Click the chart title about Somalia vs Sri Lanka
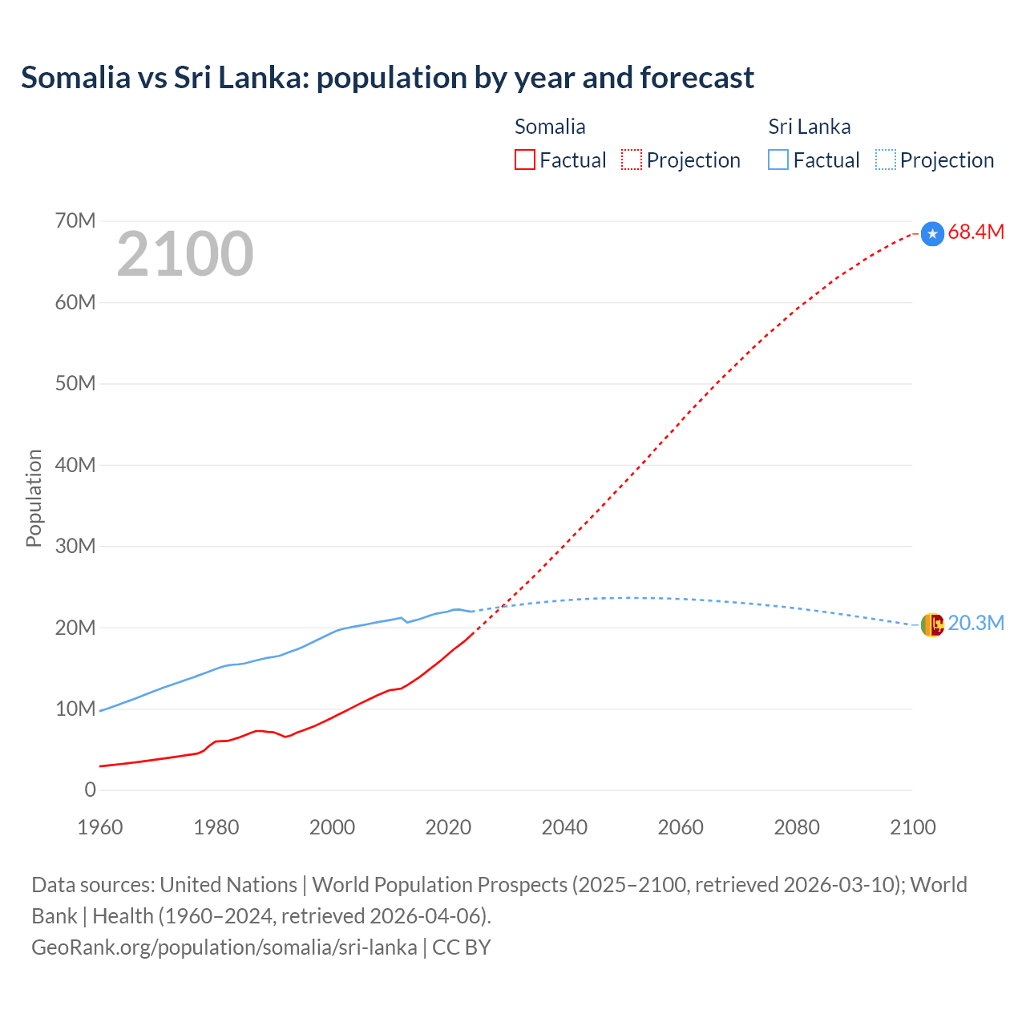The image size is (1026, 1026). (387, 78)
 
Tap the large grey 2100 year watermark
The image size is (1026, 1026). (185, 254)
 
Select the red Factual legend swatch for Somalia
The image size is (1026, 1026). (524, 160)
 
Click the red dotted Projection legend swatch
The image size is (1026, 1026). (632, 160)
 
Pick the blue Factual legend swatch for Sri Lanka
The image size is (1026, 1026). (778, 160)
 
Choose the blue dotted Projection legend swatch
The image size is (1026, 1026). (885, 160)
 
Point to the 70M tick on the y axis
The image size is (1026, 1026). (75, 220)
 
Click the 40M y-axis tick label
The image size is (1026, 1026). (75, 465)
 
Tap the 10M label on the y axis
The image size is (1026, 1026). (75, 709)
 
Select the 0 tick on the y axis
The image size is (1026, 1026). (90, 790)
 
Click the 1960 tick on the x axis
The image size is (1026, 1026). (100, 827)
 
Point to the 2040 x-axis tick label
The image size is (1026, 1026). (564, 827)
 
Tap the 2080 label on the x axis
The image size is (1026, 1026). (797, 827)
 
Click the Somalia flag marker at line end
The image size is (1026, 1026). (932, 233)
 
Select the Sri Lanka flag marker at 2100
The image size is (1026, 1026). (932, 624)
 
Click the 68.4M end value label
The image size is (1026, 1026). (976, 232)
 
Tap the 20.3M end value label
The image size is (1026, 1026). (976, 624)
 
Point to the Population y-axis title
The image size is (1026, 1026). (34, 498)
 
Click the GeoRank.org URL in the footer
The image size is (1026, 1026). (224, 947)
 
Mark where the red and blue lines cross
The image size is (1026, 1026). (502, 607)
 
